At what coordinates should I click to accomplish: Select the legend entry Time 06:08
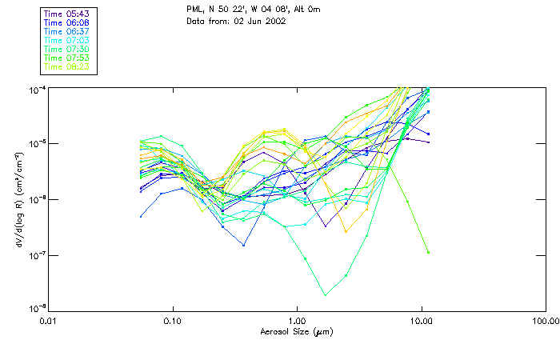click(67, 23)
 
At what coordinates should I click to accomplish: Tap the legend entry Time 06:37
click(67, 32)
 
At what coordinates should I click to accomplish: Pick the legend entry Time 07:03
click(67, 41)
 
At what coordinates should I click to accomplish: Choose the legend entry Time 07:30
click(67, 50)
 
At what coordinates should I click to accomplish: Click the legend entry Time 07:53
click(67, 58)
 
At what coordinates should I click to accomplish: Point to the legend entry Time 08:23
click(67, 67)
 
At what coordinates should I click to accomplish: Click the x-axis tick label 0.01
click(49, 320)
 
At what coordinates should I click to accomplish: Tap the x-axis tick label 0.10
click(173, 320)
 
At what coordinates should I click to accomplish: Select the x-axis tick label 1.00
click(297, 320)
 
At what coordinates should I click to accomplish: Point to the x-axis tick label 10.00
click(421, 320)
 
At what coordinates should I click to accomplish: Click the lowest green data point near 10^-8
click(325, 294)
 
